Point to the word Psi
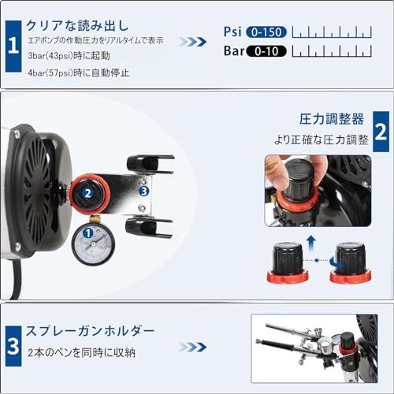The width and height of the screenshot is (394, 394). (232, 33)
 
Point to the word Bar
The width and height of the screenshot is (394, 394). (233, 52)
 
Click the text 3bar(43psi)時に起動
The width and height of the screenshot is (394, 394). (70, 58)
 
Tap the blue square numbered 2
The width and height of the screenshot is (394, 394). (380, 132)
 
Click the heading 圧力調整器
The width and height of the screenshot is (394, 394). (333, 119)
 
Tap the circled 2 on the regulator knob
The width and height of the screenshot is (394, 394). (88, 191)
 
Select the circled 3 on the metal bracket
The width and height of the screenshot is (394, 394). (143, 191)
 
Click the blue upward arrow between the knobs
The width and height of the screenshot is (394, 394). (311, 240)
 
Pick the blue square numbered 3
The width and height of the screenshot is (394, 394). (13, 344)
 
